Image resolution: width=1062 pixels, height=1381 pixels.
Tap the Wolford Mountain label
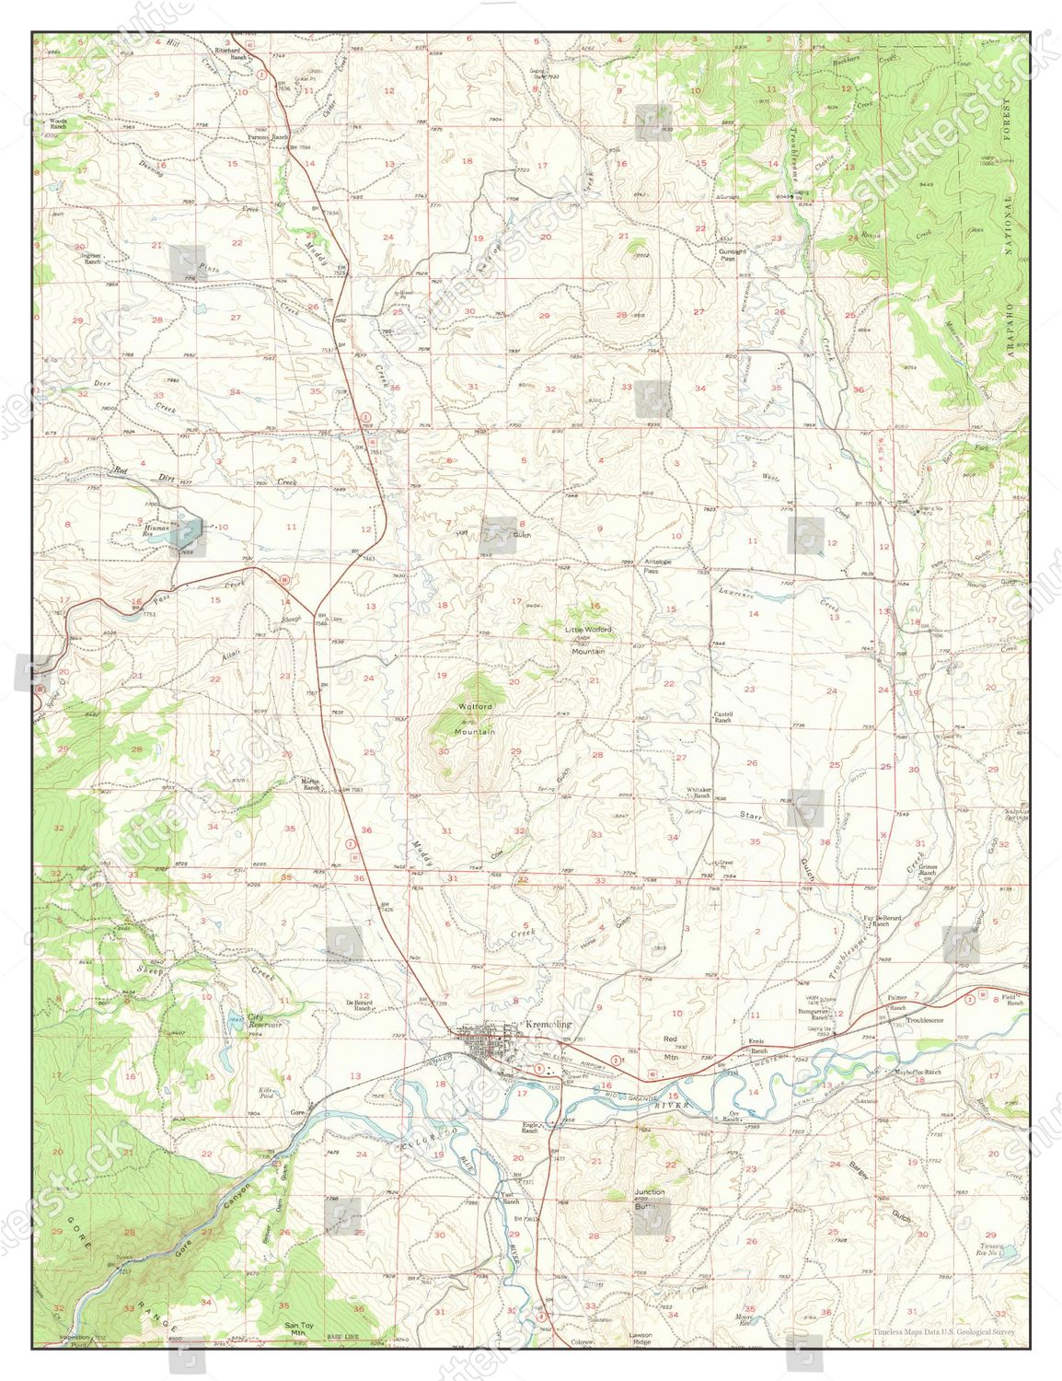(x=475, y=718)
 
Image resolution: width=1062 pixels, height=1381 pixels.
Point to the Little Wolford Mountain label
(x=588, y=639)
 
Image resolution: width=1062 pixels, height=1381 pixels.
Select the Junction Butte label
(x=649, y=1198)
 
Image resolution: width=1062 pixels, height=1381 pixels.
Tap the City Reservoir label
(x=265, y=1020)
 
